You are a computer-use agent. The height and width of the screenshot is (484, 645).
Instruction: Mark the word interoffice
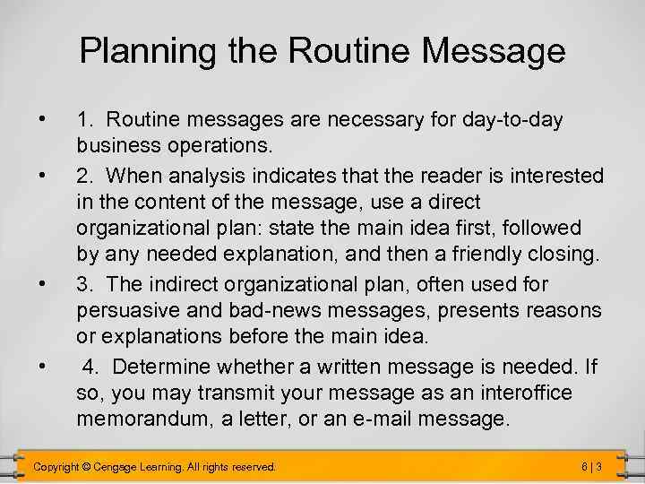coord(527,393)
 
